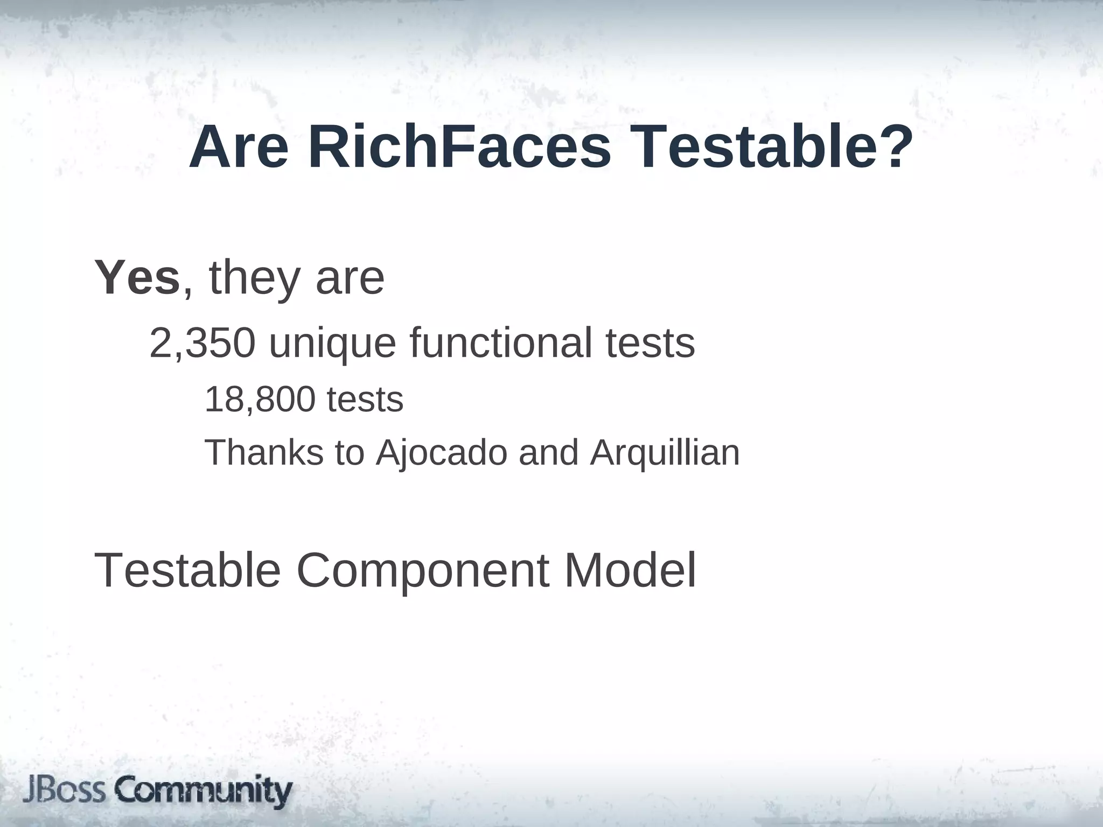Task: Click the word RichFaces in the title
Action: click(x=459, y=148)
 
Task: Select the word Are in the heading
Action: click(x=239, y=148)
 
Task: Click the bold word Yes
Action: click(x=137, y=278)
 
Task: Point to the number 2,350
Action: click(x=202, y=343)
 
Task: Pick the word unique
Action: click(x=332, y=343)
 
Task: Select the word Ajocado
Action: click(x=442, y=452)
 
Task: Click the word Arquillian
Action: click(x=665, y=452)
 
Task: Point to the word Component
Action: click(x=423, y=571)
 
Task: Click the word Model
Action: click(x=630, y=570)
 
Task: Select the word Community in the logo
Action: click(x=205, y=791)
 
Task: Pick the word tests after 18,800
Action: click(x=365, y=400)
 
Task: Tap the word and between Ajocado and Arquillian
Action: click(x=548, y=452)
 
